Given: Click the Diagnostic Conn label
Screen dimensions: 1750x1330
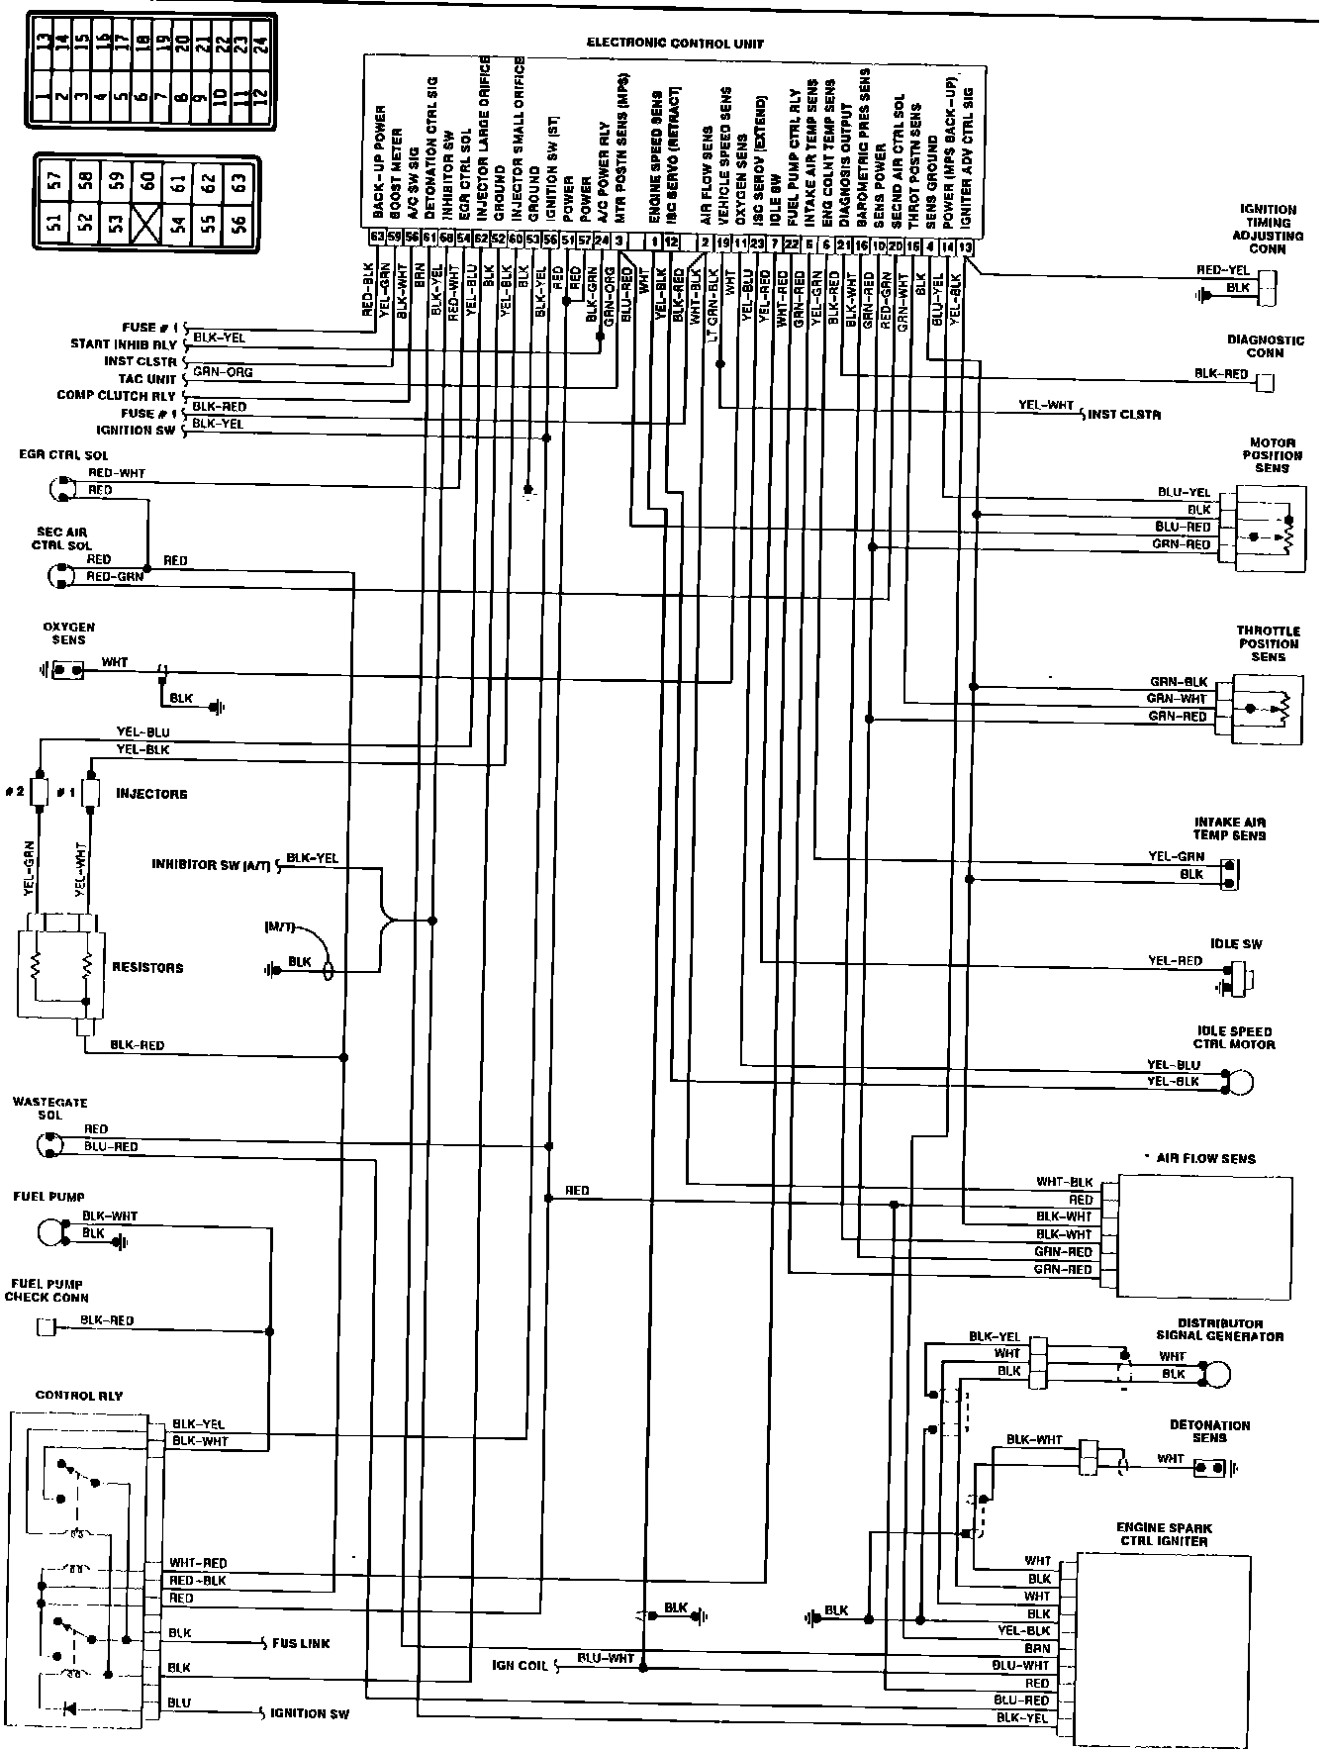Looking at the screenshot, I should pyautogui.click(x=1267, y=345).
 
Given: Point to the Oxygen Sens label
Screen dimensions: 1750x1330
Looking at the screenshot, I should pyautogui.click(x=68, y=633).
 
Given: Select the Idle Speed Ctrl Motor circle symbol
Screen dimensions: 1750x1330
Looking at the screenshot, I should pyautogui.click(x=1239, y=1082).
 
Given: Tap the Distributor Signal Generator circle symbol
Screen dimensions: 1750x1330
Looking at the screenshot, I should pyautogui.click(x=1217, y=1374).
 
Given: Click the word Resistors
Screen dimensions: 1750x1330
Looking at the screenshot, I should pyautogui.click(x=148, y=968).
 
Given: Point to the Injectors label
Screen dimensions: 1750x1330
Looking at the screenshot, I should pyautogui.click(x=151, y=794).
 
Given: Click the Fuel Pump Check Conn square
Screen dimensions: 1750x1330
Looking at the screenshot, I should pyautogui.click(x=46, y=1326).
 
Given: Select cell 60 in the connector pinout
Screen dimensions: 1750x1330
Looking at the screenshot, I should pyautogui.click(x=148, y=180).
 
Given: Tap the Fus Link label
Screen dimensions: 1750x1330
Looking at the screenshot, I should pyautogui.click(x=301, y=1643).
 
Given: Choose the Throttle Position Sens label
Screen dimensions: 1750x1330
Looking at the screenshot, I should pyautogui.click(x=1268, y=643).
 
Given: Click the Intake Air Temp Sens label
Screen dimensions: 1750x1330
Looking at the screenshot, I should pyautogui.click(x=1230, y=828).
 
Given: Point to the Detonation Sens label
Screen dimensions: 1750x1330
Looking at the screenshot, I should pyautogui.click(x=1209, y=1431).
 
